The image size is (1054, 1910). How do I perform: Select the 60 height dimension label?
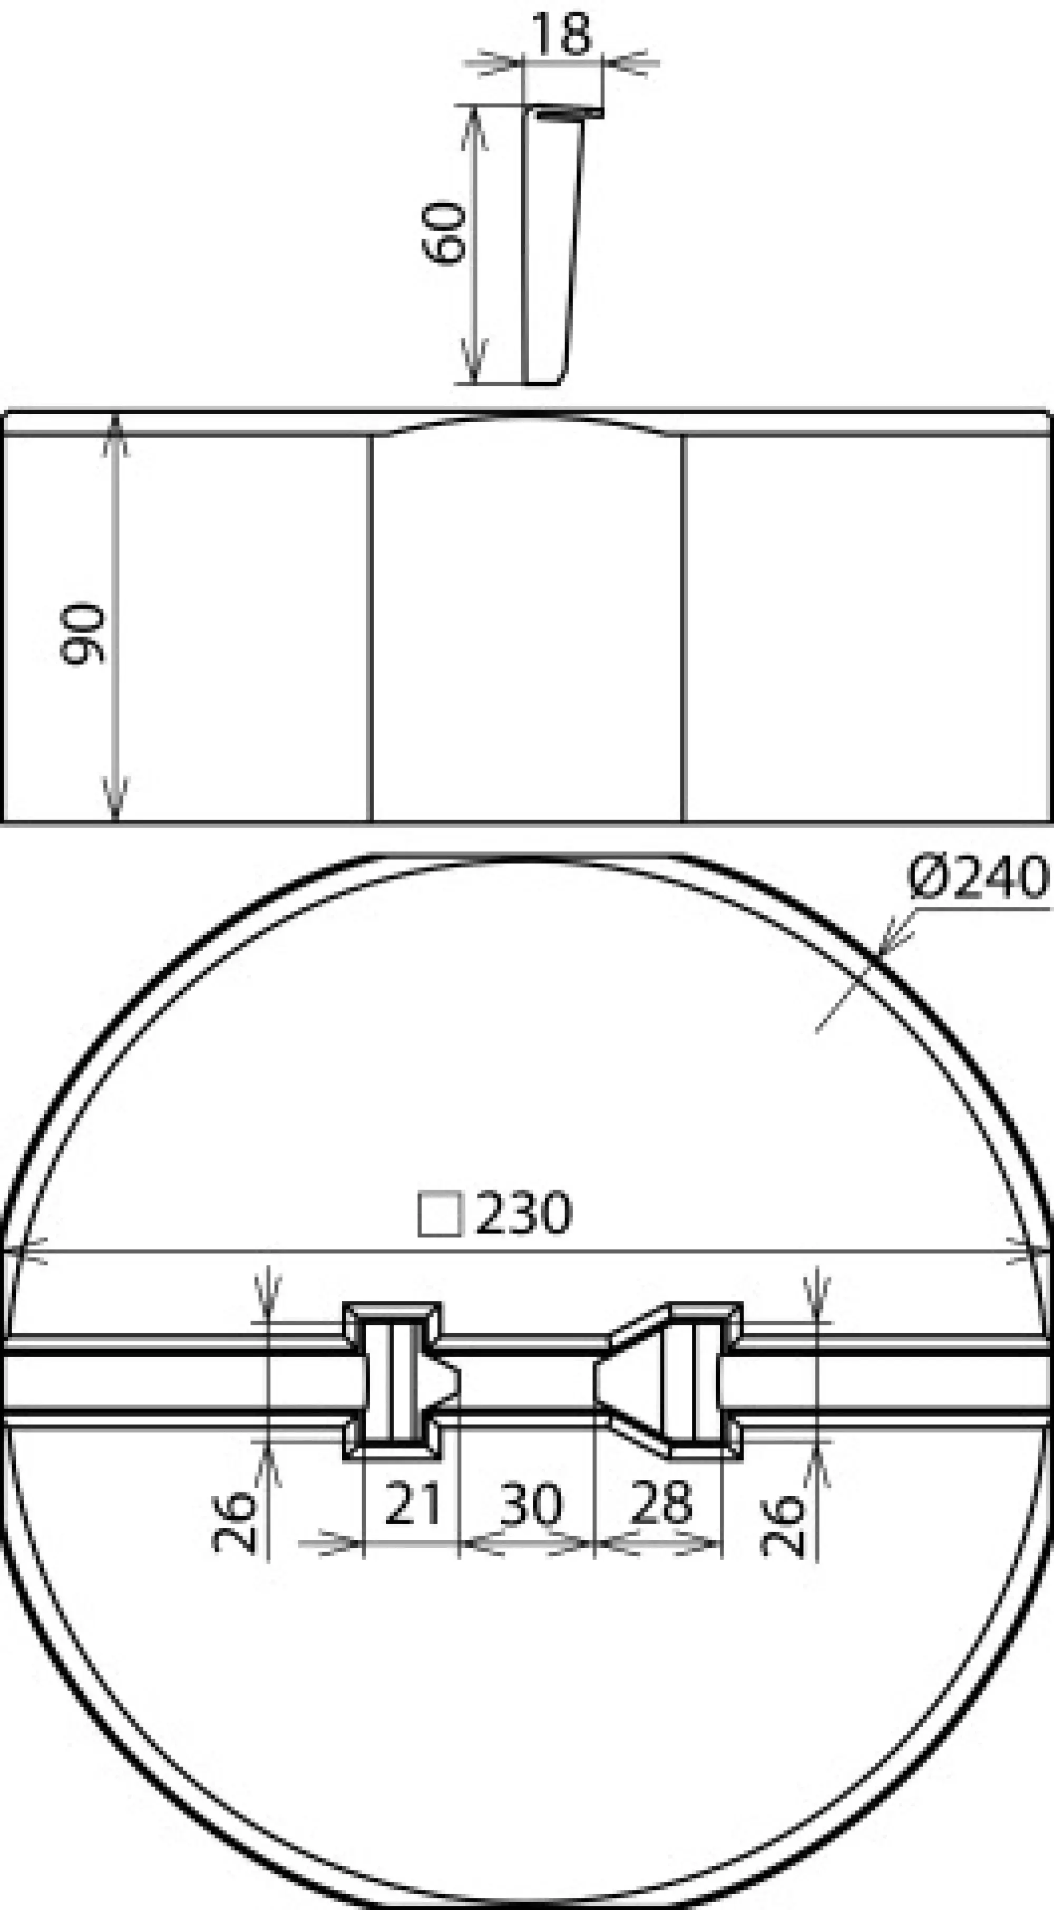(445, 231)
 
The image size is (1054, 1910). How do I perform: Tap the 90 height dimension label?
(83, 634)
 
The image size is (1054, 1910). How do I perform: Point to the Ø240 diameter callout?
(979, 877)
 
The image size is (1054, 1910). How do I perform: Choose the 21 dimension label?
(412, 1504)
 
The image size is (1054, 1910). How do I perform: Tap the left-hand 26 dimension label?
(233, 1523)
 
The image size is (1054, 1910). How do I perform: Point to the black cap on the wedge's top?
(569, 113)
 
